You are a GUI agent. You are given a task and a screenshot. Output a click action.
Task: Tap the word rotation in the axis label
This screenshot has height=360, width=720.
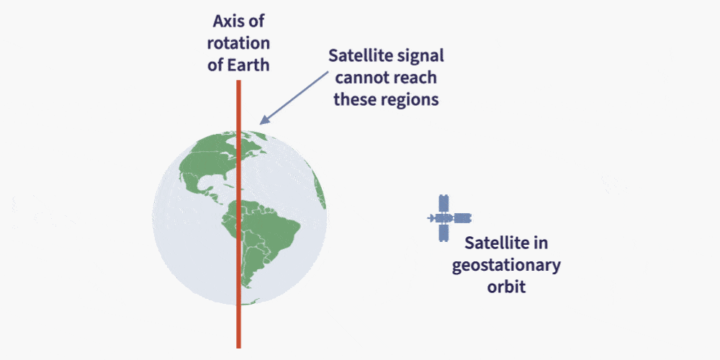click(x=238, y=43)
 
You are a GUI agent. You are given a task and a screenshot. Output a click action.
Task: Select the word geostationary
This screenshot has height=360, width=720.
click(x=506, y=266)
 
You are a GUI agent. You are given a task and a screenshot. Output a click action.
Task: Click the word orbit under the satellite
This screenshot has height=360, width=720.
click(x=506, y=287)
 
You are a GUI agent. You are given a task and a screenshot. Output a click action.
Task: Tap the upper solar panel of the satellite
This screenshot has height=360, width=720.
click(x=443, y=204)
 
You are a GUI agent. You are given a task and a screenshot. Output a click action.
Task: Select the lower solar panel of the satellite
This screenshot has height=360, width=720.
click(x=443, y=233)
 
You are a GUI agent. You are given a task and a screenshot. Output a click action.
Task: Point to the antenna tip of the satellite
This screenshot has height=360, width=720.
click(x=428, y=218)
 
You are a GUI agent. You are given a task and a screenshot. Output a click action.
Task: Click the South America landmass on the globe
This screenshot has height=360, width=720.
click(x=259, y=239)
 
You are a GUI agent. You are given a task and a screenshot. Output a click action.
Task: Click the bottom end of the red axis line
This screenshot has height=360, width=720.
click(x=238, y=348)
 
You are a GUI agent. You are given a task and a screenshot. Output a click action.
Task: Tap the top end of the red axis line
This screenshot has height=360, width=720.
click(x=238, y=81)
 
